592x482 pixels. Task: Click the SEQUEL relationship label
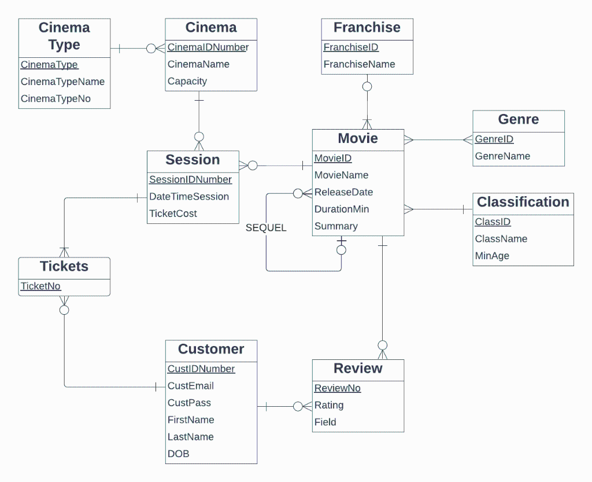266,228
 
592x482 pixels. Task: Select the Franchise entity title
367,28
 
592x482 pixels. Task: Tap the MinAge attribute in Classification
492,256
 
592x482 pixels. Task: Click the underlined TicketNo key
40,286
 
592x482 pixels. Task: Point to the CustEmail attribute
191,386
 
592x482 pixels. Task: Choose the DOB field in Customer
179,454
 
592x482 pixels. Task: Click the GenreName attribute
502,156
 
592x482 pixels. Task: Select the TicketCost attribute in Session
173,214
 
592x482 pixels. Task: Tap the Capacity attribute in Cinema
187,82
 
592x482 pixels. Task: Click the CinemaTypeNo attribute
55,99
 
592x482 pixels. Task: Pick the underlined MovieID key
333,159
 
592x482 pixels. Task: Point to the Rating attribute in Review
329,406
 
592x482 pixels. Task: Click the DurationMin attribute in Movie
342,209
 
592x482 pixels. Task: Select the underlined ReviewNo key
338,388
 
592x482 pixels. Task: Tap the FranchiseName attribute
359,64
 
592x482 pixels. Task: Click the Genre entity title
519,120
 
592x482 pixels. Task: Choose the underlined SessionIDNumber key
190,180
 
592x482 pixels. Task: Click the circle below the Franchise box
367,87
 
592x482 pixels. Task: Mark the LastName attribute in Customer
191,437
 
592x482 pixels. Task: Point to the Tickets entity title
64,267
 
